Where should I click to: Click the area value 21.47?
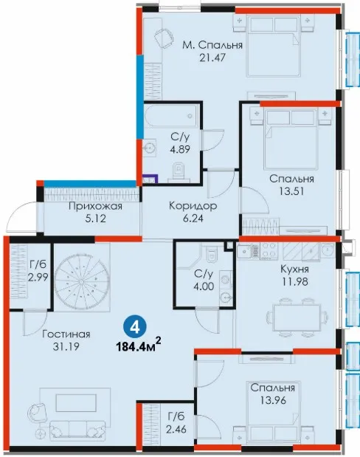tap(212, 58)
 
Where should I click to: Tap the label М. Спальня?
tap(212, 45)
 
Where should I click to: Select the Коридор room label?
tap(193, 206)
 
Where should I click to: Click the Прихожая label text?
tap(96, 206)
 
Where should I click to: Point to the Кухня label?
tap(294, 269)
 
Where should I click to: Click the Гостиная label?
tap(66, 334)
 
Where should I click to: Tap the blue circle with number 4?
tap(134, 328)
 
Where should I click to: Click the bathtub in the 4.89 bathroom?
tap(172, 116)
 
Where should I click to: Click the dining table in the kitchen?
tap(297, 317)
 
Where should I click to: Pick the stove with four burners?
tap(269, 250)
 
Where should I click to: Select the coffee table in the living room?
tap(76, 402)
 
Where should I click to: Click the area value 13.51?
tap(291, 191)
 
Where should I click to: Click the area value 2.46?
tap(176, 429)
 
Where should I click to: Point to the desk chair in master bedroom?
tap(163, 37)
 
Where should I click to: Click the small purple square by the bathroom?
tap(150, 179)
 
